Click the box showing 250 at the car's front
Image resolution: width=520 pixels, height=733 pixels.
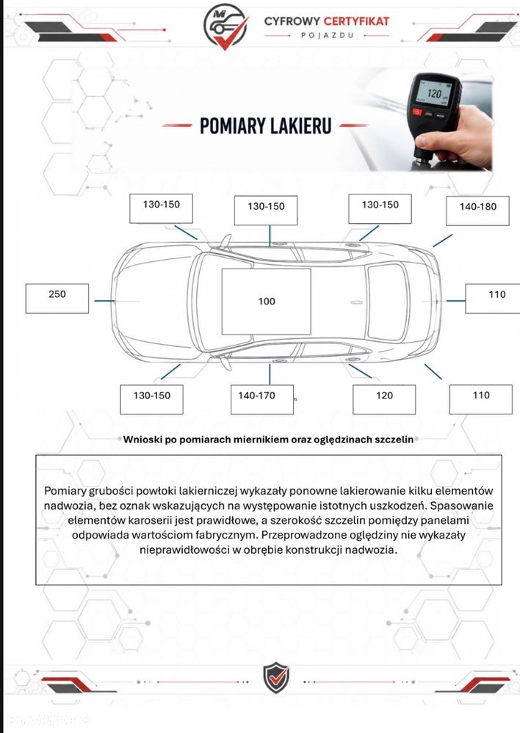tap(57, 298)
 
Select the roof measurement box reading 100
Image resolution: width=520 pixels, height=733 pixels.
tap(267, 302)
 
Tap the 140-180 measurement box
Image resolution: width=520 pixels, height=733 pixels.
tap(477, 211)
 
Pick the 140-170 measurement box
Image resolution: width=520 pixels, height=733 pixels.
tap(262, 400)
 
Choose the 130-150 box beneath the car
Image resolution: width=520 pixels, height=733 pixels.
tap(151, 400)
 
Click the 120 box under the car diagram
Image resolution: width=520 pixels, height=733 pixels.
tap(384, 400)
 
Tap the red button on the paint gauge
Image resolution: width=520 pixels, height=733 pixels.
tap(417, 112)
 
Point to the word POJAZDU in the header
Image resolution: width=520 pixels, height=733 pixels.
tap(327, 35)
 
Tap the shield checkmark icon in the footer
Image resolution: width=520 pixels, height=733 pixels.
tap(275, 677)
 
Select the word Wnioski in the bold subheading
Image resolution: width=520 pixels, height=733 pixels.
tap(139, 440)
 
